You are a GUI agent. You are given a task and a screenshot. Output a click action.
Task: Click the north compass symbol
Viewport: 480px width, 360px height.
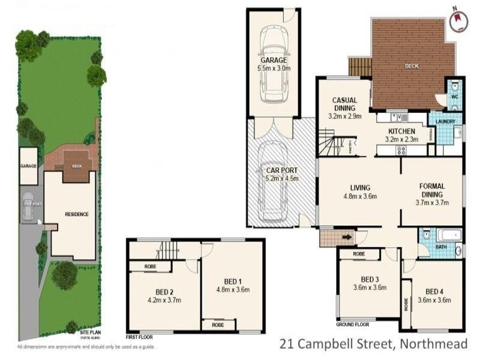pos(459,19)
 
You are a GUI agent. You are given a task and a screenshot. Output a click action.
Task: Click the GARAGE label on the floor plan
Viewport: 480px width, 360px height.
pos(273,61)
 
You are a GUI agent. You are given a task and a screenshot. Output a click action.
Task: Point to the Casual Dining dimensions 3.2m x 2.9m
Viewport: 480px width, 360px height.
pos(344,116)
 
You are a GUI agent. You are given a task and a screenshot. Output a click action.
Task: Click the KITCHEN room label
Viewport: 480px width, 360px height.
pos(401,131)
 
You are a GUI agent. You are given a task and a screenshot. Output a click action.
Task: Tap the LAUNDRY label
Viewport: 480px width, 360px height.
pos(445,122)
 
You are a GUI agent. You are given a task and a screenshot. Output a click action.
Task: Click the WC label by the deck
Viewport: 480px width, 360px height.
pos(454,97)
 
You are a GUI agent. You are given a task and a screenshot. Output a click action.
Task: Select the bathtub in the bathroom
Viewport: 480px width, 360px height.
pos(448,235)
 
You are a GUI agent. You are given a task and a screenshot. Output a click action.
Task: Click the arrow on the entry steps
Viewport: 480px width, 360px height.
pos(347,237)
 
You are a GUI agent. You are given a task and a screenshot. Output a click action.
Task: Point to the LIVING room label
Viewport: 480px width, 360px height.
pos(359,187)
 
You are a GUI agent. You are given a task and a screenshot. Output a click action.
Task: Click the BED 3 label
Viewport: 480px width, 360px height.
pos(370,279)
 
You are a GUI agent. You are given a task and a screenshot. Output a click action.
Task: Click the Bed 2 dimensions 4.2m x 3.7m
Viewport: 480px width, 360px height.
pos(164,300)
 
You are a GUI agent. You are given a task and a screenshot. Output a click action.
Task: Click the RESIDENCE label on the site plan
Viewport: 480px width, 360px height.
pos(77,214)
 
